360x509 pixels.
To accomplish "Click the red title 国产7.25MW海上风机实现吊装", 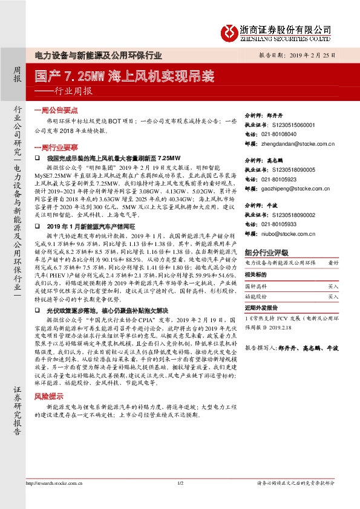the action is (124, 77).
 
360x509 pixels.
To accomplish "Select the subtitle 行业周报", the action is (69, 92).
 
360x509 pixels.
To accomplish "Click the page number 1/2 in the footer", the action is (180, 500).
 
